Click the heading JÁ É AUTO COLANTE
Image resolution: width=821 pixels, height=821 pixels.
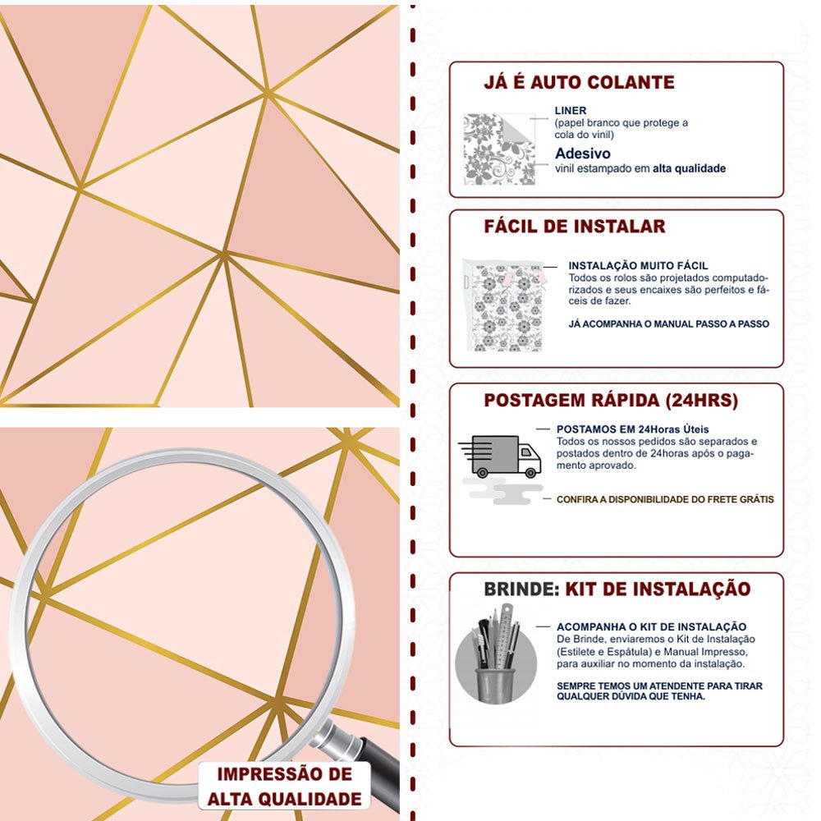579,82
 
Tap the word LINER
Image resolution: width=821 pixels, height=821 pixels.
571,111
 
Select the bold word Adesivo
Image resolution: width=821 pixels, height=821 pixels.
583,154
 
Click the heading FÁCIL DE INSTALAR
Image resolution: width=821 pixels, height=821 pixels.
575,227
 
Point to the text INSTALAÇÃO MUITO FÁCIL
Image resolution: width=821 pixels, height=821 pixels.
638,265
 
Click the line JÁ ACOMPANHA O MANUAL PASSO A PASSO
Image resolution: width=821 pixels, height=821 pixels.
668,324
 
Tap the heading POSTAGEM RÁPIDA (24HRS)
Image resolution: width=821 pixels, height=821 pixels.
611,401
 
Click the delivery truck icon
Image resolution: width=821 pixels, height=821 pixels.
499,456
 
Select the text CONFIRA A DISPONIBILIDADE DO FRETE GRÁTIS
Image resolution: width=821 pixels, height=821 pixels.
665,499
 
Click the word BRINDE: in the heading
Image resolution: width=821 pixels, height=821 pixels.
521,589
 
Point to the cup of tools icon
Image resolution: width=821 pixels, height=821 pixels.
496,655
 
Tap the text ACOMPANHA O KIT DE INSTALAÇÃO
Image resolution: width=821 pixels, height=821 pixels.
651,626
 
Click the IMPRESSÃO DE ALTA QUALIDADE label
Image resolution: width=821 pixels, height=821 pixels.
284,787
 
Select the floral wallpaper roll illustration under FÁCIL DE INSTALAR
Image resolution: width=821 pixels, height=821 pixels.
504,305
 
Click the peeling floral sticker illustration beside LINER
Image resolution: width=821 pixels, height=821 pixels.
499,149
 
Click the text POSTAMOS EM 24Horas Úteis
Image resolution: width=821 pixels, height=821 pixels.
632,429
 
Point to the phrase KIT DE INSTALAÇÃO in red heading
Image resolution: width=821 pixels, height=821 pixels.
658,589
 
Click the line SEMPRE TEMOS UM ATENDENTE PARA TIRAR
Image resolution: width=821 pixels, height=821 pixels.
659,686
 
